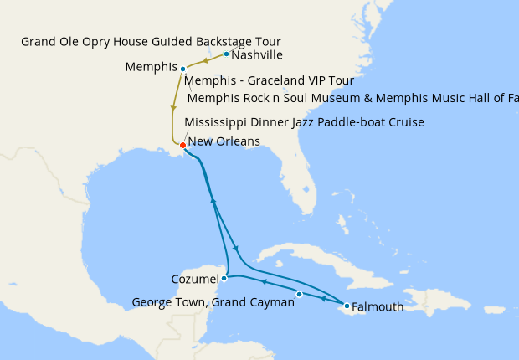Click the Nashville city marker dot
pos(226,54)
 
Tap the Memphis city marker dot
pos(182,69)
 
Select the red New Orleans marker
pos(182,146)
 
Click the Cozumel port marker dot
pos(224,278)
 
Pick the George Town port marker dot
pos(300,294)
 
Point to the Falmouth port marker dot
pos(347,306)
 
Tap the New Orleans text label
pos(224,141)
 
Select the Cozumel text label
pos(194,279)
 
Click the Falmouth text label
pos(378,307)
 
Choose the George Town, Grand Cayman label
pos(213,302)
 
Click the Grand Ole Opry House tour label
pos(151,41)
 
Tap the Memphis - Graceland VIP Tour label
pos(268,81)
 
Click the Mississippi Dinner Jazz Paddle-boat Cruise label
pos(304,122)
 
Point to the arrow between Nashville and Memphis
pos(205,61)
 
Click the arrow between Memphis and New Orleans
pos(173,107)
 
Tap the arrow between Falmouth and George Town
pos(322,298)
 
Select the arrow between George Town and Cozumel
pos(264,282)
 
